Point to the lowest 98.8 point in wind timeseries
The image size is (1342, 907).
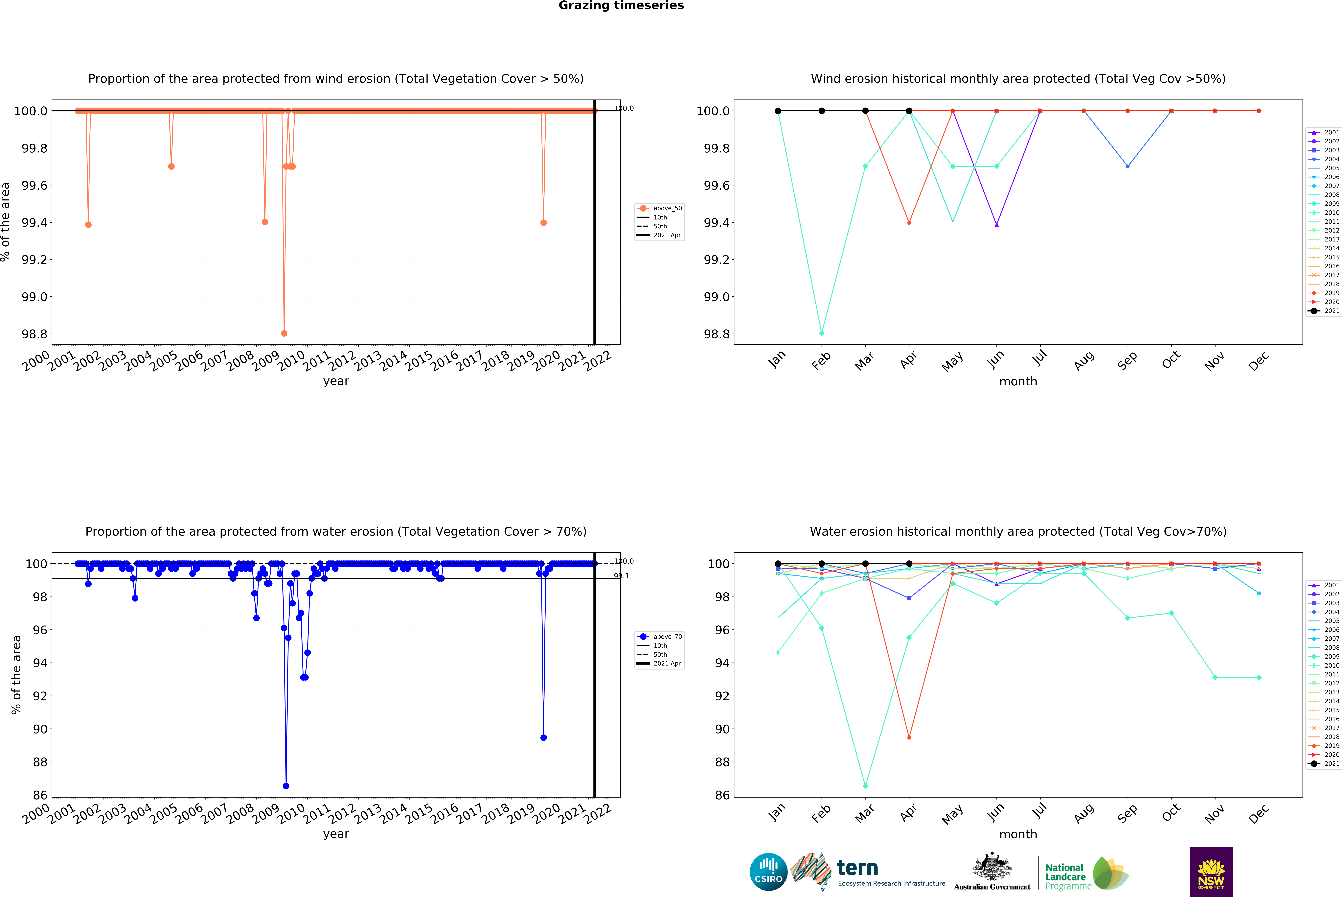(284, 333)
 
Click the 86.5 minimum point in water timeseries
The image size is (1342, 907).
(286, 786)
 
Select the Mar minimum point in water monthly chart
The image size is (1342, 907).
(865, 786)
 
